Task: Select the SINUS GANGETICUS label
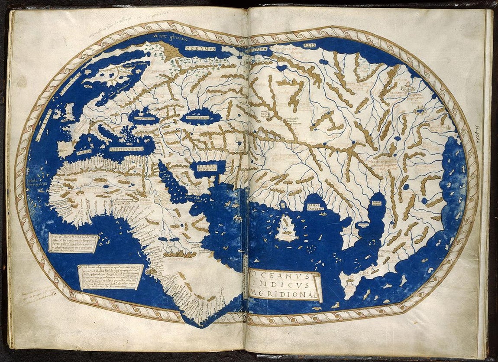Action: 315,205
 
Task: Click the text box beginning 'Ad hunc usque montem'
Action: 110,277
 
